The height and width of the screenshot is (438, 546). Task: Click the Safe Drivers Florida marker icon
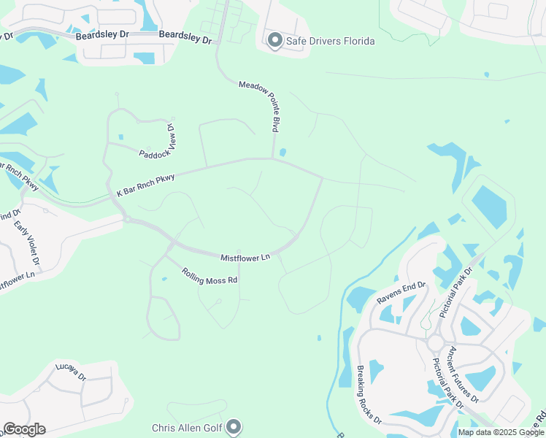point(275,41)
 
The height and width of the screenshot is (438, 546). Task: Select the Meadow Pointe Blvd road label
point(259,107)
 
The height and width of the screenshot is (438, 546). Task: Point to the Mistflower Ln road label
point(245,257)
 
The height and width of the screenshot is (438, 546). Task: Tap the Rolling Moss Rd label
point(209,276)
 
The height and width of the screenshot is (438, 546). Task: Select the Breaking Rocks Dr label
point(369,395)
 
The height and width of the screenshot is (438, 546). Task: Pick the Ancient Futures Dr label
point(464,374)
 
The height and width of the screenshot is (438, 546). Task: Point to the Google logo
point(24,429)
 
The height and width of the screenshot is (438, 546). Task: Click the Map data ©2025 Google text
point(501,432)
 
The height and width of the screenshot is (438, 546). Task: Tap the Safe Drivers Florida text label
point(330,41)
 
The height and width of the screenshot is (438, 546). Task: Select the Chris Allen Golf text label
point(187,428)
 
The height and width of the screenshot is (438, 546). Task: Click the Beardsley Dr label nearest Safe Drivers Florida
point(185,37)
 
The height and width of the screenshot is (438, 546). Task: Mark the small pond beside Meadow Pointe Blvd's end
point(282,153)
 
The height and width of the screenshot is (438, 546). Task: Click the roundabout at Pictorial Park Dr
point(436,342)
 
